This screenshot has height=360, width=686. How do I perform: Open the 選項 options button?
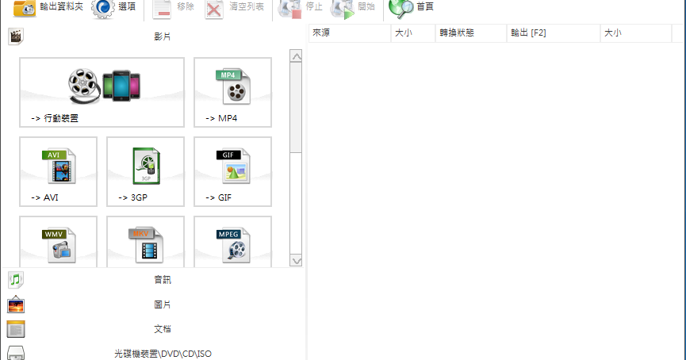point(114,8)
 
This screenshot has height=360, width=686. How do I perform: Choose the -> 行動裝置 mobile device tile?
point(102,92)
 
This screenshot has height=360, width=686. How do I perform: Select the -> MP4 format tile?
point(232,92)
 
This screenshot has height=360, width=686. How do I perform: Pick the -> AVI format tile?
point(58,171)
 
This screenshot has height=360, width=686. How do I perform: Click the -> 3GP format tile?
point(145,171)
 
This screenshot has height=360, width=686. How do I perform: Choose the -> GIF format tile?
point(232,171)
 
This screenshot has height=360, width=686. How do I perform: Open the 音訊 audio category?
point(162,280)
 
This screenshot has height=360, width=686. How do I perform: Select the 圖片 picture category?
point(162,304)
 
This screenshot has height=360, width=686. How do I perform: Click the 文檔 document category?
point(162,329)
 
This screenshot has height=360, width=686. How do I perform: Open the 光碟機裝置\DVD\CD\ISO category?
point(162,354)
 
